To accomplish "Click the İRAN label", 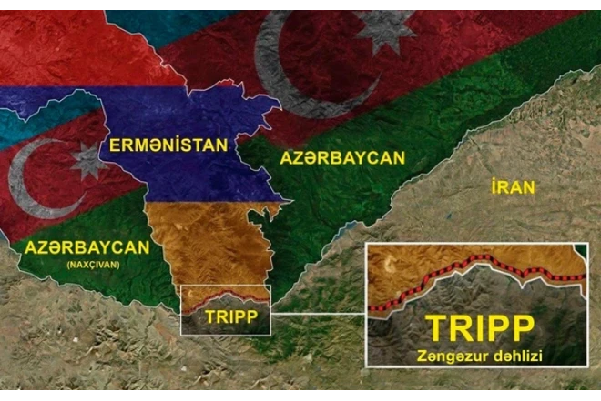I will tap(513, 187).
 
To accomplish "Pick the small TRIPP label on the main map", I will tap(227, 316).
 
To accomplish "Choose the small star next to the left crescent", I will tap(88, 161).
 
